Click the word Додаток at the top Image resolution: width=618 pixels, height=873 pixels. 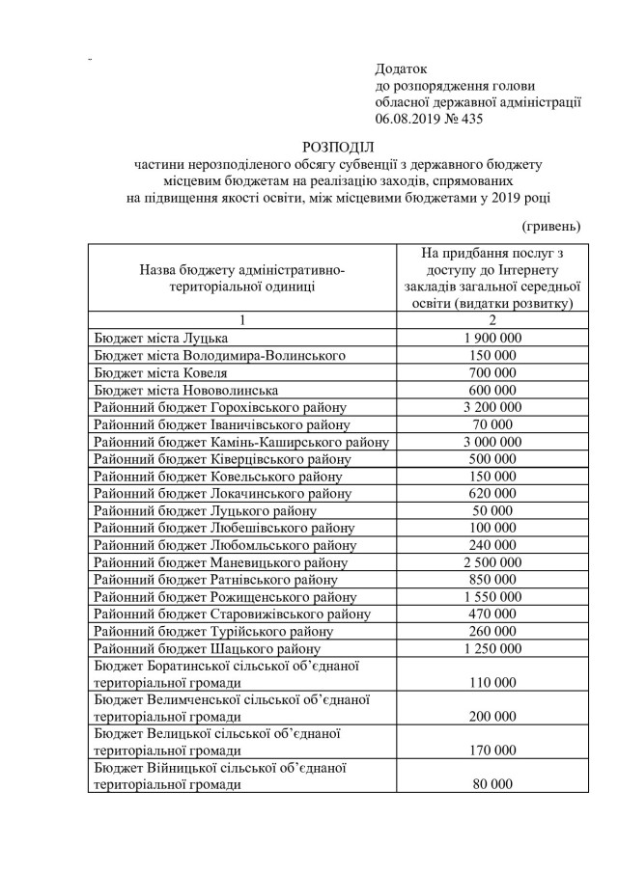click(401, 69)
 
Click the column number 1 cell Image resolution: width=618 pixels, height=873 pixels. click(240, 320)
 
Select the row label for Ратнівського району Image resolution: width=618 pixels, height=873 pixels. click(215, 580)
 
